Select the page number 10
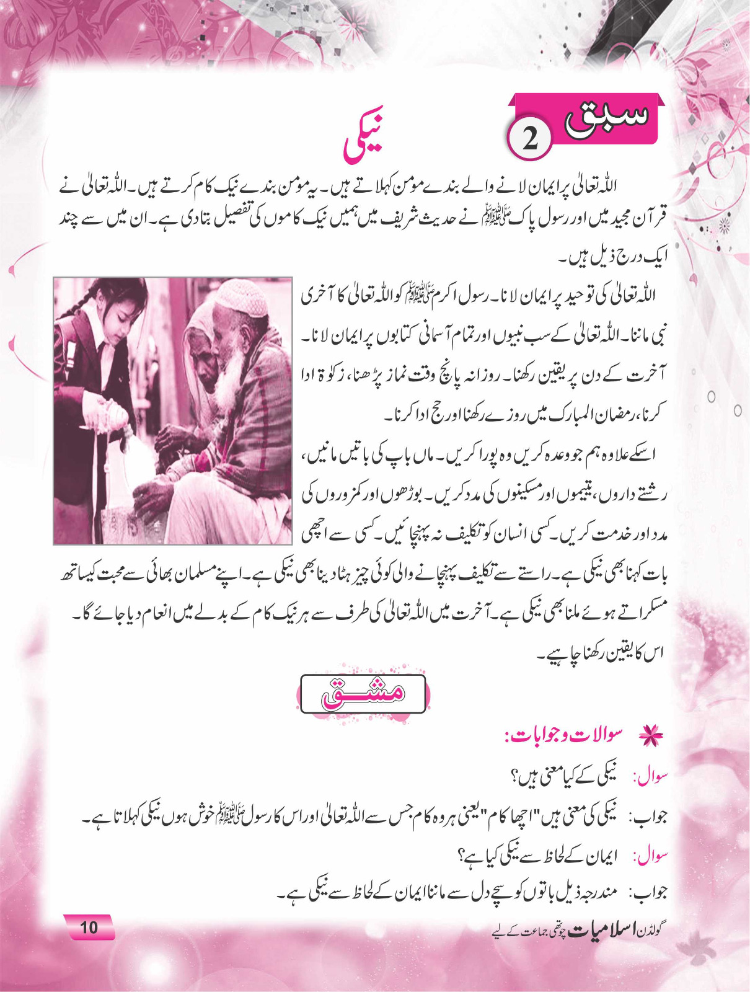pos(89,927)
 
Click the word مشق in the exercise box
pos(363,693)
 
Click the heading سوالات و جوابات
pos(571,735)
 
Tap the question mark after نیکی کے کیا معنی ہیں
pos(514,776)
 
